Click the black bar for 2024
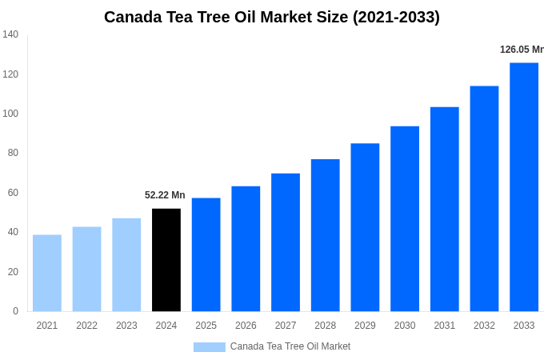(x=166, y=260)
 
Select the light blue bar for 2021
(x=47, y=273)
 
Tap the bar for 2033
(x=524, y=187)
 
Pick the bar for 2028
(x=326, y=235)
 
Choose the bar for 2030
(x=405, y=218)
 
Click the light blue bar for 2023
(x=126, y=265)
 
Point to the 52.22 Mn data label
(x=165, y=195)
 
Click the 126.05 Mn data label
(x=522, y=50)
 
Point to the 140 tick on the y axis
(x=10, y=34)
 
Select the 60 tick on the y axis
(x=13, y=193)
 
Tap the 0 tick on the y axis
(x=15, y=311)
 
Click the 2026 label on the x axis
(x=246, y=326)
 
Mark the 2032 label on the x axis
(x=484, y=326)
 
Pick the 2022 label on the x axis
(x=87, y=326)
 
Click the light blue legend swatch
(x=210, y=347)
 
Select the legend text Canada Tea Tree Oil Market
(x=290, y=346)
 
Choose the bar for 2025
(x=206, y=254)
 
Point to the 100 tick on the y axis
(x=10, y=114)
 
